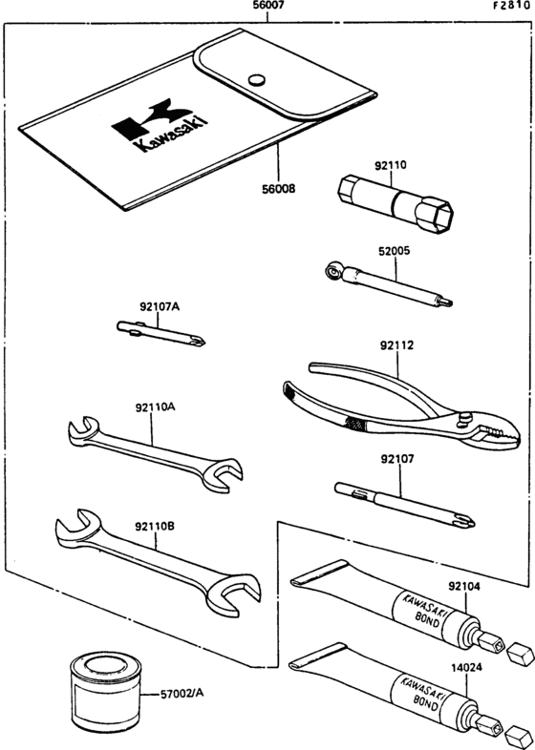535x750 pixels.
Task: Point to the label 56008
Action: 277,189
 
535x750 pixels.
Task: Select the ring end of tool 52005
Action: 330,273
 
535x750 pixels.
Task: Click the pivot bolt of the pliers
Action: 464,419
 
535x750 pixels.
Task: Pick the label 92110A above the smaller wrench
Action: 154,406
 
